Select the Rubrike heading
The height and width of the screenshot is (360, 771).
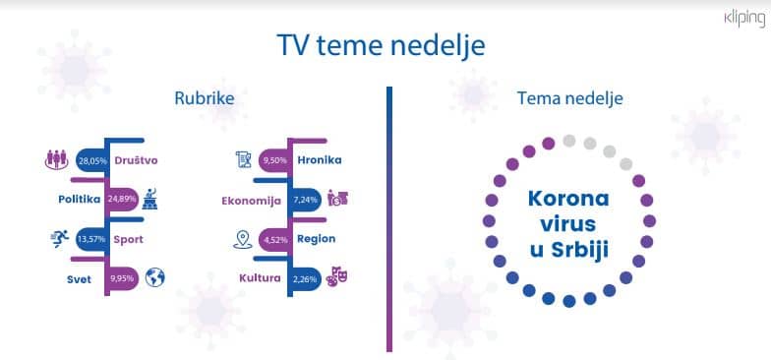[x=205, y=98]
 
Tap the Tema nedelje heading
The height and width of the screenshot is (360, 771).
[x=569, y=98]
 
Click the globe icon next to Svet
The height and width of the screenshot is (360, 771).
[x=154, y=277]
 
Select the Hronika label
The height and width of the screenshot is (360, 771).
[x=320, y=159]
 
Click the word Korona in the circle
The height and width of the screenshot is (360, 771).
[x=568, y=199]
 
